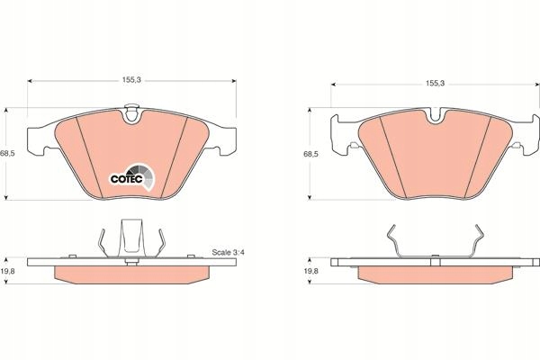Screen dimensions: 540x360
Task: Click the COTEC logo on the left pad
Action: click(x=132, y=176)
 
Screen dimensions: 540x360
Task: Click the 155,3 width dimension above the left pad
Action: click(x=131, y=80)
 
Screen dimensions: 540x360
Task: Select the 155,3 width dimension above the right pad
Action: click(x=435, y=84)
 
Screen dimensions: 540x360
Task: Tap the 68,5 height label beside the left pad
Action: click(x=7, y=154)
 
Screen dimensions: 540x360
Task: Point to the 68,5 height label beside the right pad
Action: click(x=310, y=154)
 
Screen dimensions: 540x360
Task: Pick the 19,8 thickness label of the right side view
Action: click(x=310, y=271)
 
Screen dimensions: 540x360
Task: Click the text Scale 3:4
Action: click(x=228, y=252)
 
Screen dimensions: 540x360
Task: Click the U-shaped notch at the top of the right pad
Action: click(x=436, y=115)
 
